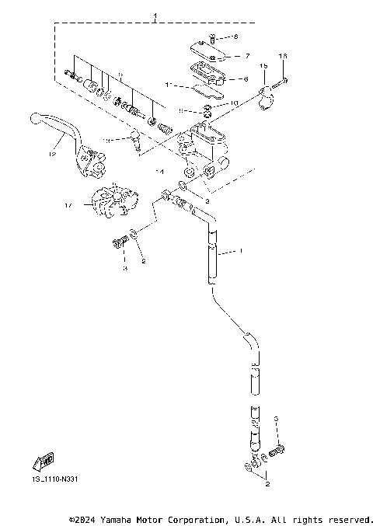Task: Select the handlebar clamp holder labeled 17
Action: (x=109, y=203)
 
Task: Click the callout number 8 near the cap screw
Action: (x=237, y=37)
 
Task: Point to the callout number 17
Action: (x=68, y=206)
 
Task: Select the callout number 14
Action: (x=161, y=170)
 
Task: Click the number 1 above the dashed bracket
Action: (x=155, y=16)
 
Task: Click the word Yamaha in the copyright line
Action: (x=119, y=518)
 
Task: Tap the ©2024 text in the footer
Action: (x=83, y=518)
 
